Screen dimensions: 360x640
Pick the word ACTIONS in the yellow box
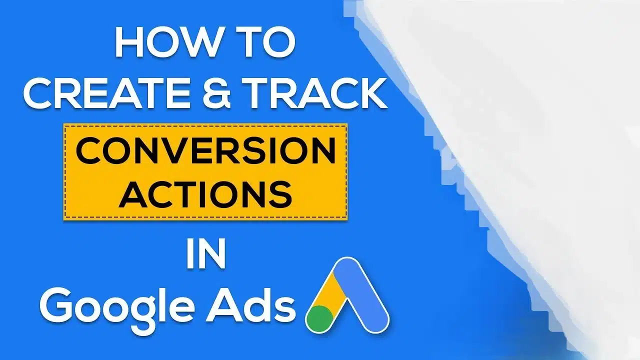point(205,195)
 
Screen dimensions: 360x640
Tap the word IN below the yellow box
point(205,255)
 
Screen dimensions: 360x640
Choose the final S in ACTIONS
point(279,195)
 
